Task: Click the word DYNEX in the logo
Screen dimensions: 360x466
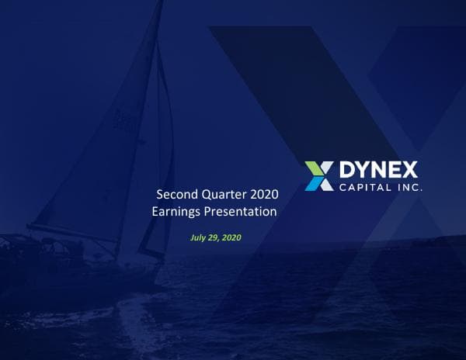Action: pos(378,170)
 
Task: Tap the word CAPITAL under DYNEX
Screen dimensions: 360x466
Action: pos(361,188)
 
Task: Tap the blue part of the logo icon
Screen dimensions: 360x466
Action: pos(321,183)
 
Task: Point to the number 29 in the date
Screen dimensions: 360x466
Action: pos(213,237)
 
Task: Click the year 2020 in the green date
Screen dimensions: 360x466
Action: pos(231,237)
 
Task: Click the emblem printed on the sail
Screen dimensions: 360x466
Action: pos(122,118)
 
